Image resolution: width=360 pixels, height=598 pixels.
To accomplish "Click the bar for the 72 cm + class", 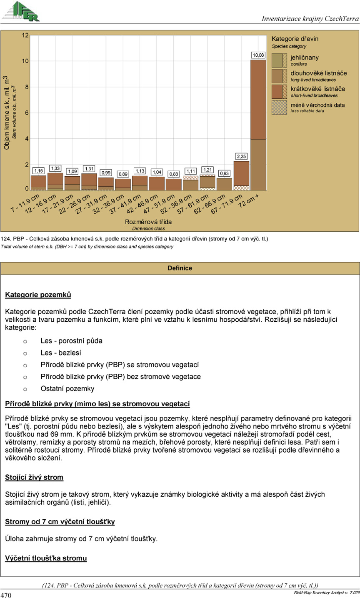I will (258, 125).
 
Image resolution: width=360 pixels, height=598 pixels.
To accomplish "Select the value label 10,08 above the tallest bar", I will (258, 55).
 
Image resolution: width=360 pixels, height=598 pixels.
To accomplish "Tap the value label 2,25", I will (241, 157).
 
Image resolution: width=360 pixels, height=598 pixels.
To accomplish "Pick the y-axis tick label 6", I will (27, 113).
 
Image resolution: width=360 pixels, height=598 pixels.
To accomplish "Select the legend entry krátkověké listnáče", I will (317, 89).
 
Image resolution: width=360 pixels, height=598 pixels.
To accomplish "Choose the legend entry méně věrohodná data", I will (317, 105).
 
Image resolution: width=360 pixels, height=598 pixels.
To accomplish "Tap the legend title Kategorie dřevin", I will (295, 39).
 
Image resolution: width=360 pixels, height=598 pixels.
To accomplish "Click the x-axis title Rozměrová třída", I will (148, 222).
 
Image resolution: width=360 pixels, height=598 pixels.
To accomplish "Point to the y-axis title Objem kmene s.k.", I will (7, 113).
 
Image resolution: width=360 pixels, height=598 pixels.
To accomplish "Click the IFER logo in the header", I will (21, 11).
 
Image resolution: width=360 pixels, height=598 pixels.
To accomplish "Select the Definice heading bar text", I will (180, 268).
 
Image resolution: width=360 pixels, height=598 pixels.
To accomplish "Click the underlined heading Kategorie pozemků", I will (38, 295).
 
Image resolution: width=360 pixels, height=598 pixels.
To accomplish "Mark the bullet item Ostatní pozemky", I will (67, 389).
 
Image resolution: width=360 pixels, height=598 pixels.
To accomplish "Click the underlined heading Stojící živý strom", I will (34, 477).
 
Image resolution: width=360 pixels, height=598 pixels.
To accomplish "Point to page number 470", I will (6, 594).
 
